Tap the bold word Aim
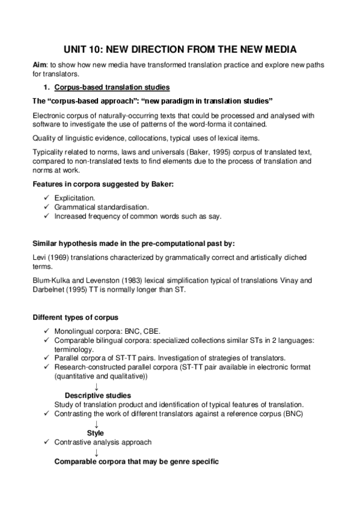pos(40,65)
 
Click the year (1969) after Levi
pos(59,257)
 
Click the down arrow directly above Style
pos(96,424)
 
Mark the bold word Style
pos(95,433)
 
